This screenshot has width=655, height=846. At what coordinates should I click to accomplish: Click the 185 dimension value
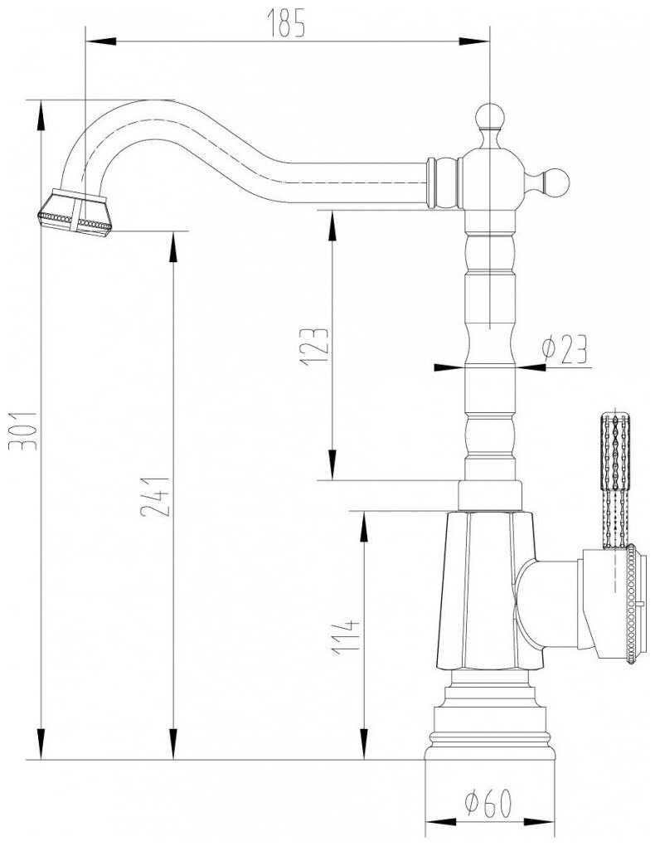click(287, 23)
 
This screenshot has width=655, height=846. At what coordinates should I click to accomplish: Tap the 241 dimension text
click(156, 496)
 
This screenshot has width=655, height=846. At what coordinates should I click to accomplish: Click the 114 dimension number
click(345, 637)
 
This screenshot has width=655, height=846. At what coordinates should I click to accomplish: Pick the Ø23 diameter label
click(564, 349)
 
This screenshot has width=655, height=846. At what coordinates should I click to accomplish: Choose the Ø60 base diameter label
click(488, 804)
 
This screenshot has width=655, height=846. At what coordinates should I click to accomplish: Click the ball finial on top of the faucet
click(490, 117)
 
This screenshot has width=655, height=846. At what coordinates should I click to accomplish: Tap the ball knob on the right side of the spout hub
click(556, 183)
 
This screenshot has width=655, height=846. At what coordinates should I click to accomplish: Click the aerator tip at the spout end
click(75, 211)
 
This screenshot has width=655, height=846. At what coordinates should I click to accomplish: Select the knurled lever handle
click(615, 481)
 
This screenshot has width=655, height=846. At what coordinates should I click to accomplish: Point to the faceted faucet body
click(489, 591)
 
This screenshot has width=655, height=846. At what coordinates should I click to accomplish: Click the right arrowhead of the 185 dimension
click(474, 41)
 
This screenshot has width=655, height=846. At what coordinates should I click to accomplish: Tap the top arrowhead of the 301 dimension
click(41, 115)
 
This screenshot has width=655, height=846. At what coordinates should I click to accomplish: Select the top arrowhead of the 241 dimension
click(173, 246)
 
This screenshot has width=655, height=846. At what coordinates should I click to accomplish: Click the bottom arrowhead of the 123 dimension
click(332, 464)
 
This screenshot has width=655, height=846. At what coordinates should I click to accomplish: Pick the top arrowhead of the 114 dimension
click(365, 527)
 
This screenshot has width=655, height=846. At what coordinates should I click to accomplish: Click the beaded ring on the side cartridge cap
click(629, 604)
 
